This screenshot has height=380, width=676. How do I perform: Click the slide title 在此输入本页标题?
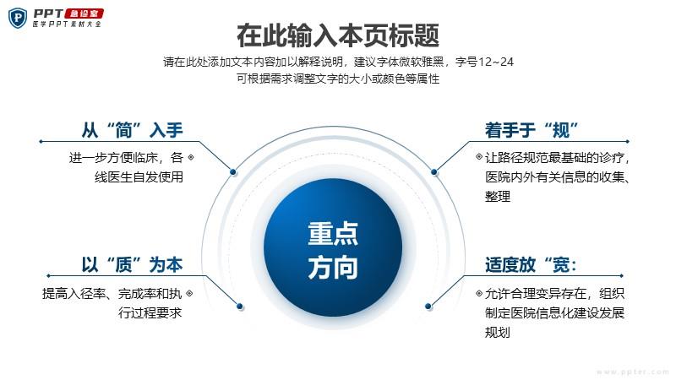(x=338, y=35)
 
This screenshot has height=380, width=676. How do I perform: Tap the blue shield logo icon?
(x=18, y=18)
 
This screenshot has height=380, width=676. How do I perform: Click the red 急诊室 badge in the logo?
(x=84, y=14)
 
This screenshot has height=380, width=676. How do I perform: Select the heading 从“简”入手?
(x=133, y=130)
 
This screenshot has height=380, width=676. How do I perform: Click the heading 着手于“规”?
(x=532, y=130)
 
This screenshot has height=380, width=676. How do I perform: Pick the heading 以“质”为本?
(x=133, y=264)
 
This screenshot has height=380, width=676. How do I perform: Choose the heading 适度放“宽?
(x=531, y=264)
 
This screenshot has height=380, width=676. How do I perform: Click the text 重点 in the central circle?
(x=333, y=234)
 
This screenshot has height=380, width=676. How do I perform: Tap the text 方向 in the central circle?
(x=333, y=267)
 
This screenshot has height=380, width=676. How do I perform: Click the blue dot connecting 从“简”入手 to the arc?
(x=233, y=172)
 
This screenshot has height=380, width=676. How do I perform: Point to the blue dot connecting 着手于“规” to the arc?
(x=434, y=172)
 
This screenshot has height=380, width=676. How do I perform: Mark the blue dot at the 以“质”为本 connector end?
(x=240, y=307)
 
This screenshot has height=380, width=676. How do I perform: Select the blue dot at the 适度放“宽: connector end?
(x=428, y=307)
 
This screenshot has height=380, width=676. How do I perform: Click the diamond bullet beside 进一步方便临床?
(x=191, y=157)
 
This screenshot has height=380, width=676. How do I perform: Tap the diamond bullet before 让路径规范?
(x=479, y=156)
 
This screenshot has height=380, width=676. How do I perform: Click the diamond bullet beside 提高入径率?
(x=189, y=293)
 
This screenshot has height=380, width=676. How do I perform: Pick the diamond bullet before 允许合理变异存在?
(x=479, y=293)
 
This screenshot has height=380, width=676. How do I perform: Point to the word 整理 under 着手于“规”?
(x=498, y=197)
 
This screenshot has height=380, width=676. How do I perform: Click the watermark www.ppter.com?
(x=633, y=372)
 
